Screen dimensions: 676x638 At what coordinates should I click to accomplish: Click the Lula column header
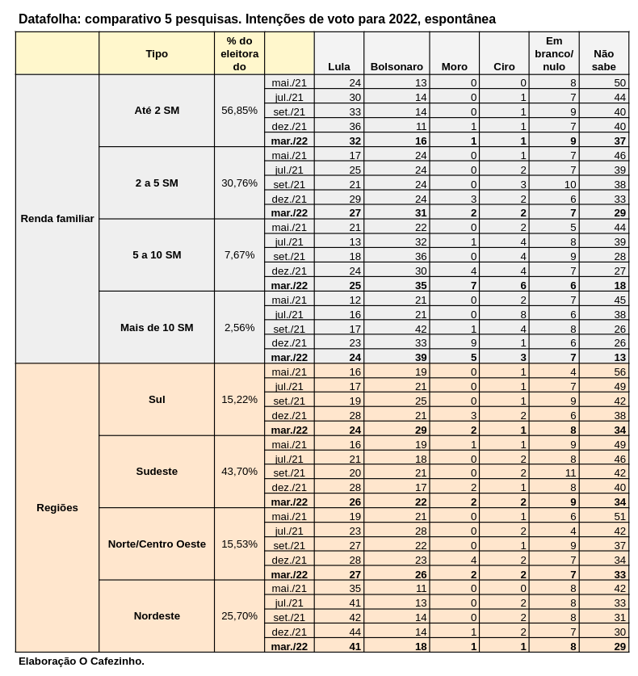pos(339,67)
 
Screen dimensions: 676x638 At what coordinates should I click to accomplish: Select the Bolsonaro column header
pos(396,67)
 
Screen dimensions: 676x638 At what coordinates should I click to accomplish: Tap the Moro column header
pos(454,67)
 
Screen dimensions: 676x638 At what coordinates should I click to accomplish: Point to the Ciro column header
pos(504,67)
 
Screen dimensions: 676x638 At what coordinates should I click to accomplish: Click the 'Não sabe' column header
pos(603,60)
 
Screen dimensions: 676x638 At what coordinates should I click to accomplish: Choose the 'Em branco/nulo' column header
pos(554,53)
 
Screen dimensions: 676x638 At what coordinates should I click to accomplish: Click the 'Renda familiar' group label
pos(57,219)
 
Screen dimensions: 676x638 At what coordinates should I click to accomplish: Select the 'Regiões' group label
pos(57,508)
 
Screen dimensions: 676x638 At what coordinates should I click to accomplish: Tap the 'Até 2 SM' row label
pos(157,111)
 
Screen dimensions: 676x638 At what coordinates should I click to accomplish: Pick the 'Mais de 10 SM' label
pos(157,328)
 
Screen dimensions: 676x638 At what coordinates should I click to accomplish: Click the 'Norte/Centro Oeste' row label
pos(157,544)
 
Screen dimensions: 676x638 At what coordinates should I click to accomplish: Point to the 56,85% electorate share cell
pos(239,111)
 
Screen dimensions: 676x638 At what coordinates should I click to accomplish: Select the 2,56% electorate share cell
pos(239,328)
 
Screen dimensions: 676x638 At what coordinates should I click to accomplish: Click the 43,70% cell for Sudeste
pos(239,472)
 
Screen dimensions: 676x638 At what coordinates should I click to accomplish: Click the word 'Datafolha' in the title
pos(48,19)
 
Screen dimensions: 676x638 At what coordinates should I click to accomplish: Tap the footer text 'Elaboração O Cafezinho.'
pos(82,661)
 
